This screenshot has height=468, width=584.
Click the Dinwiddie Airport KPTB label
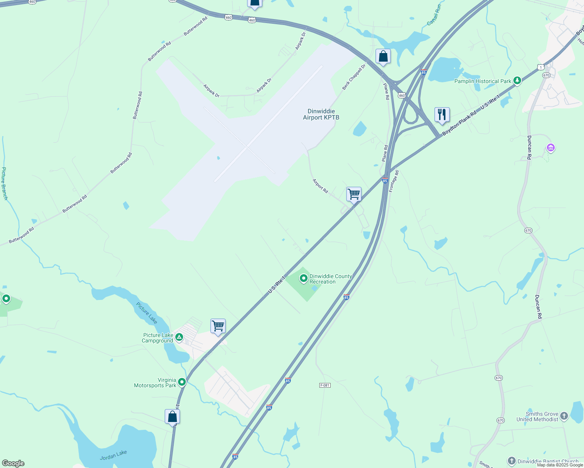(x=321, y=114)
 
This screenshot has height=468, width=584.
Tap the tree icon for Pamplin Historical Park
(x=517, y=81)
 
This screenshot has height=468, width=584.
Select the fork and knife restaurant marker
(x=442, y=115)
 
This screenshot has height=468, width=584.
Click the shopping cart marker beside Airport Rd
(x=354, y=194)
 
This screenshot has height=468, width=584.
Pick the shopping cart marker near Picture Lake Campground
(x=218, y=326)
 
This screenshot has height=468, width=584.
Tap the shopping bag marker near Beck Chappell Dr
(x=383, y=56)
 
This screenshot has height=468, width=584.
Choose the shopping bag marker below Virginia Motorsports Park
(x=172, y=417)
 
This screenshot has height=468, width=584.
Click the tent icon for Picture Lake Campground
(x=179, y=337)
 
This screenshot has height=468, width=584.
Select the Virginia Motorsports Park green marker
(x=182, y=382)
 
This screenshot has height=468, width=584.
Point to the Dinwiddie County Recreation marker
(x=303, y=278)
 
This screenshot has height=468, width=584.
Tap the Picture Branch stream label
(x=5, y=183)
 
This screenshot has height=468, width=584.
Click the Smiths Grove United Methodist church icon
(x=564, y=416)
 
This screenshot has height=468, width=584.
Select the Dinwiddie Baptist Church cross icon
(x=511, y=461)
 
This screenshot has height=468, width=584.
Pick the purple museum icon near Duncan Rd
(x=551, y=148)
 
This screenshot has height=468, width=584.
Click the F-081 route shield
(x=325, y=385)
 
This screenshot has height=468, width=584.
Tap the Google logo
(x=13, y=463)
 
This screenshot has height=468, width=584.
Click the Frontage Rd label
(x=394, y=181)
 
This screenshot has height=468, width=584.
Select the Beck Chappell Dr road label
(x=354, y=77)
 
